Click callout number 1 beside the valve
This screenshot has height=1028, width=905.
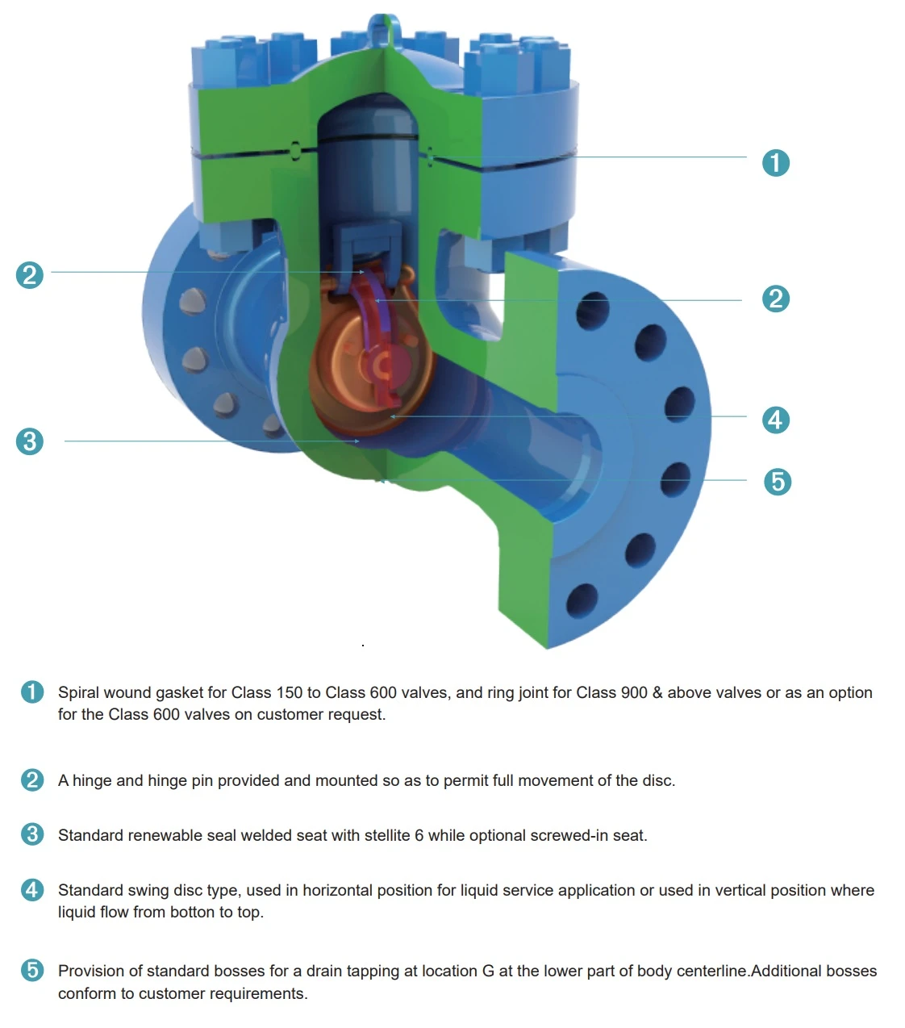[x=776, y=163]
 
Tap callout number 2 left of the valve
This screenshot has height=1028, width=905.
[x=29, y=275]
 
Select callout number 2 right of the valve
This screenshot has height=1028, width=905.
[x=776, y=299]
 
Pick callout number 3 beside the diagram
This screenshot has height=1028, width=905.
[x=29, y=441]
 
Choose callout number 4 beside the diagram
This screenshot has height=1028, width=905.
[x=776, y=420]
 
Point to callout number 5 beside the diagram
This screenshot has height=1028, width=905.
[x=778, y=482]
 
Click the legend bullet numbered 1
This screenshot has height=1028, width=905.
[x=32, y=692]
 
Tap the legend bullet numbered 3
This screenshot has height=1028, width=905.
[x=32, y=834]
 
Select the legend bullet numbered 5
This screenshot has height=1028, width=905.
[x=32, y=970]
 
